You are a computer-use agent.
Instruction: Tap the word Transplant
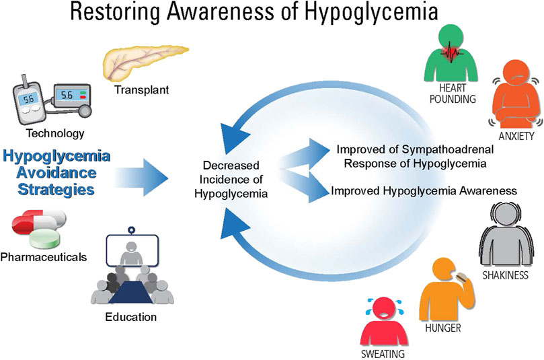point(142,90)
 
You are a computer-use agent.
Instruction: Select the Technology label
point(55,133)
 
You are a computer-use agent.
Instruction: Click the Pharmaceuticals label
point(43,257)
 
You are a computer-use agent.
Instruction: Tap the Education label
point(131,317)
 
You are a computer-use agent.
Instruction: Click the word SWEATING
point(383,354)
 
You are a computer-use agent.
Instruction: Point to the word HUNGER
point(443,328)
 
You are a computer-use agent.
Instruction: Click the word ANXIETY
point(516,136)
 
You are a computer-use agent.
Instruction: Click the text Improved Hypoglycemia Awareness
point(424,190)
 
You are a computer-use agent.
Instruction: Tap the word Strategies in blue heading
point(56,190)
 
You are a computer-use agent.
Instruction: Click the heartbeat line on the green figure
point(451,53)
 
